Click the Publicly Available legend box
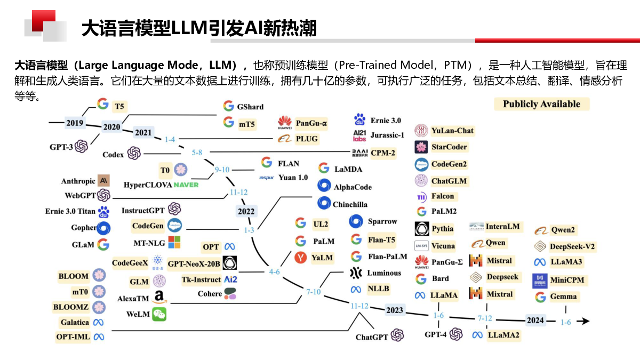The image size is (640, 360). pos(541,104)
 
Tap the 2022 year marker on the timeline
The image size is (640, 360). pos(246,211)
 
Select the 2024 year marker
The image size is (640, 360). pos(535,321)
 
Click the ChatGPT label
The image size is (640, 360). pos(372,337)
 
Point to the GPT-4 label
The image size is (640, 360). pos(436,334)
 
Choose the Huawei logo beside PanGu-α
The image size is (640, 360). pos(285,123)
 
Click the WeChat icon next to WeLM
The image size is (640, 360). pos(159,314)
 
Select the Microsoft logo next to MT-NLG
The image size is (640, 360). pos(174,243)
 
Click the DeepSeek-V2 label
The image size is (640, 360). pos(572,246)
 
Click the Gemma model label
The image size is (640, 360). pos(563,297)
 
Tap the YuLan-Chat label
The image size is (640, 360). pos(452,131)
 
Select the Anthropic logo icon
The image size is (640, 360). pos(104,181)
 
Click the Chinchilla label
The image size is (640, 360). pos(350,204)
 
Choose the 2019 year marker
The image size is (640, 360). pos(75,123)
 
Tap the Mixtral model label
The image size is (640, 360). pos(499,294)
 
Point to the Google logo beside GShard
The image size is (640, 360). pos(229,106)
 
